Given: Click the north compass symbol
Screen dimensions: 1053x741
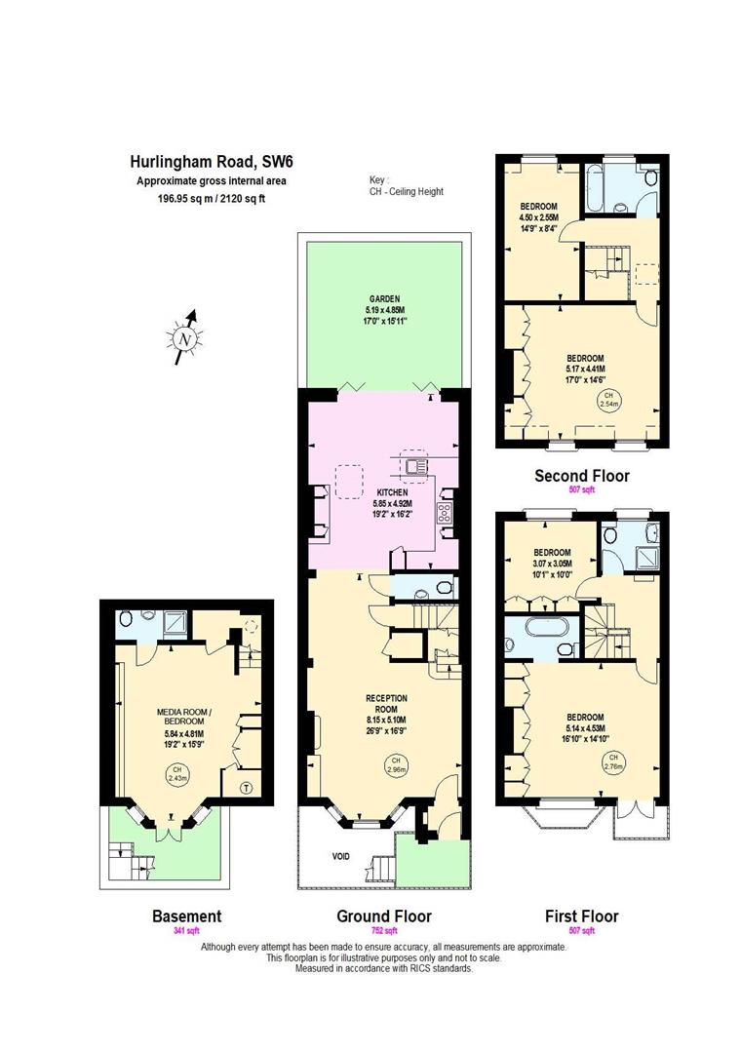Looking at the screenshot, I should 185,337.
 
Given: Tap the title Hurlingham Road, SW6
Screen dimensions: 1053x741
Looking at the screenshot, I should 210,163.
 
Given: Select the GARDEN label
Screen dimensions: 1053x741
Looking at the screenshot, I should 384,300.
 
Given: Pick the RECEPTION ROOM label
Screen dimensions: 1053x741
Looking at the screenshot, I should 386,703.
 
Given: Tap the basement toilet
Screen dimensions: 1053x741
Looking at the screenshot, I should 124,619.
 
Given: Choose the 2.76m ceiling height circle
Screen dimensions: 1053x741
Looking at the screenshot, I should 612,762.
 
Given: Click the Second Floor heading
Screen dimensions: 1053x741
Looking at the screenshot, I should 581,477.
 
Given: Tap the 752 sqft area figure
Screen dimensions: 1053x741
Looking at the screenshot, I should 383,931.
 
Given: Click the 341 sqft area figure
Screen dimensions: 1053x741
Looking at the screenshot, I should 186,931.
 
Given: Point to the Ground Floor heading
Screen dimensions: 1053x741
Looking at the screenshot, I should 383,916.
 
